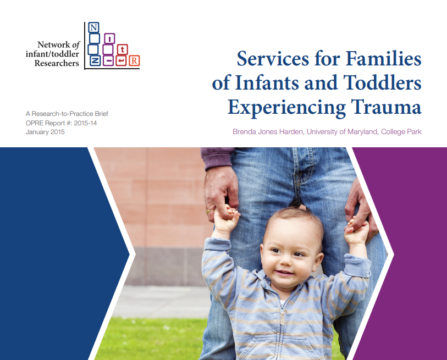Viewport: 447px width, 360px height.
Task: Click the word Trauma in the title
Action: click(x=386, y=107)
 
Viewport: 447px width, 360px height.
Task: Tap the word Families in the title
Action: click(x=383, y=58)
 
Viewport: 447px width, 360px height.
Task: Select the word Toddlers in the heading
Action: click(x=382, y=82)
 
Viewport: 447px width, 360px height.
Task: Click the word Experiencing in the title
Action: click(x=286, y=108)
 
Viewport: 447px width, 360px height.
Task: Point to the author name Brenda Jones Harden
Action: click(x=268, y=132)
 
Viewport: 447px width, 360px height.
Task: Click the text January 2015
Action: click(x=45, y=132)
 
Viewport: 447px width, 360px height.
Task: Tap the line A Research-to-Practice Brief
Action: click(x=67, y=114)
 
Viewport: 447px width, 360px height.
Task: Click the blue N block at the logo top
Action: click(x=93, y=27)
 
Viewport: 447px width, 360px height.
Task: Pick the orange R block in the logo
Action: click(x=134, y=60)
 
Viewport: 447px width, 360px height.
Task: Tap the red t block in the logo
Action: click(x=122, y=49)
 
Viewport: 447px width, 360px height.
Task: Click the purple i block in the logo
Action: click(x=109, y=38)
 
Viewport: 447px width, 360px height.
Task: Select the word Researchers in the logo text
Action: click(x=57, y=63)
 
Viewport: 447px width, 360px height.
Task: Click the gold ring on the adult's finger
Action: click(x=209, y=211)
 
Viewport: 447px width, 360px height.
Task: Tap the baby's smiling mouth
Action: click(x=284, y=273)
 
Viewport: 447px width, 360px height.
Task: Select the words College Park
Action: click(x=401, y=132)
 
